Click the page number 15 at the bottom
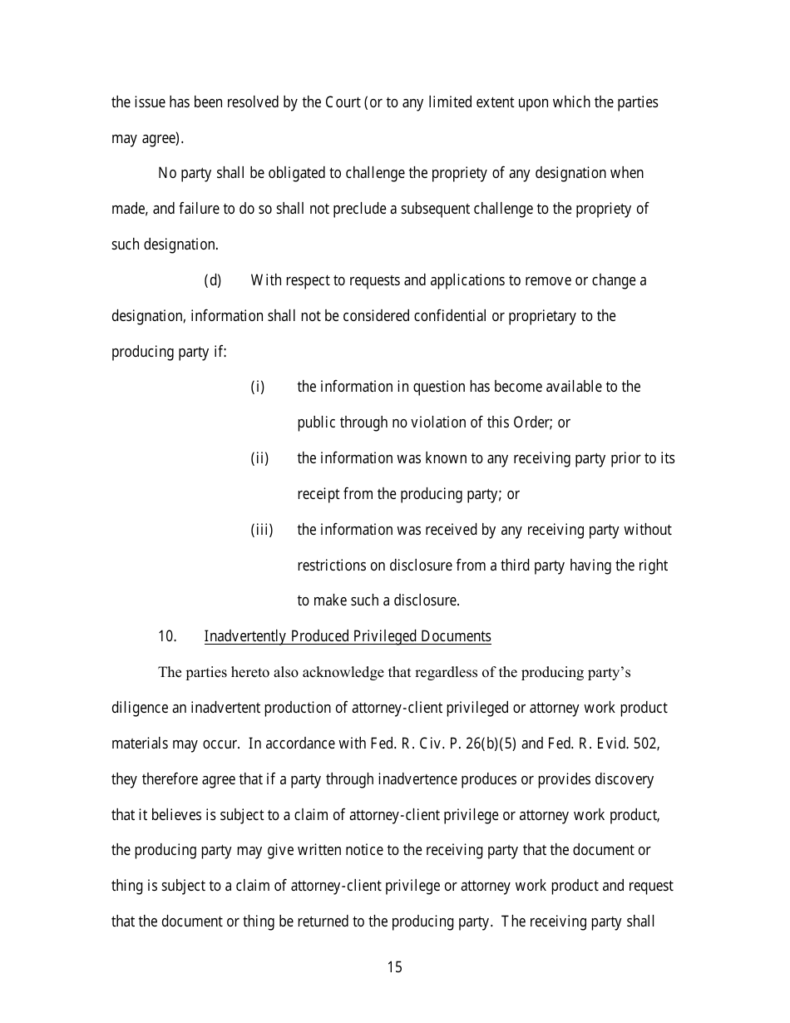point(394,966)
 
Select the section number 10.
point(167,636)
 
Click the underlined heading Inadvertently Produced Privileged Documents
point(348,636)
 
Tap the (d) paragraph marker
point(213,280)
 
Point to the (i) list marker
point(258,387)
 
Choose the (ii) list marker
point(259,458)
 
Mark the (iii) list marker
point(262,530)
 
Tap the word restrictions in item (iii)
point(331,566)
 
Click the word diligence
point(140,708)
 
